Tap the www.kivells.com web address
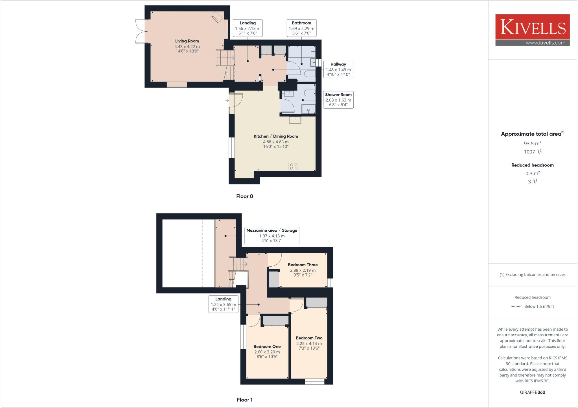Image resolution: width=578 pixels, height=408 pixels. click(545, 43)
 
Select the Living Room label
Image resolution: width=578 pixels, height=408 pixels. click(187, 41)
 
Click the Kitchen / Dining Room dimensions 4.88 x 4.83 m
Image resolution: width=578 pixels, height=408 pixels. click(276, 142)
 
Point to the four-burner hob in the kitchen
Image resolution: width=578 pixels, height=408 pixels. click(294, 166)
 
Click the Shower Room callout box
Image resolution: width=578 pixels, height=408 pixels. click(338, 100)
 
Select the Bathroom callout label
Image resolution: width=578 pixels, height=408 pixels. click(301, 23)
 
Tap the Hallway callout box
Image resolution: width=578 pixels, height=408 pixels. click(338, 69)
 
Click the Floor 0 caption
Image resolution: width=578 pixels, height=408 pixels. click(245, 196)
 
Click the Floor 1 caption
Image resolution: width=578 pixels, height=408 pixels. click(245, 400)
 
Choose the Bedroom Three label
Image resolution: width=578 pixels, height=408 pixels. click(303, 265)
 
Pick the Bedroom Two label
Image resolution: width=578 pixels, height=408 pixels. click(309, 338)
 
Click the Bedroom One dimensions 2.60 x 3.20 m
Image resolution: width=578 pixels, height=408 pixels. click(267, 352)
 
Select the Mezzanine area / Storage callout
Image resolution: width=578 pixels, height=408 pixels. click(272, 236)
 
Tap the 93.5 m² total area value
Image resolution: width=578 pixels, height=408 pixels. click(532, 143)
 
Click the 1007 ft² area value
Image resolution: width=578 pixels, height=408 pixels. click(532, 152)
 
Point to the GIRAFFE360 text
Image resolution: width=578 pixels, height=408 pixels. click(532, 392)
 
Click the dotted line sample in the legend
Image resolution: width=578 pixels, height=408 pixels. click(516, 306)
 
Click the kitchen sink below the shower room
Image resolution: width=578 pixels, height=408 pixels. click(295, 120)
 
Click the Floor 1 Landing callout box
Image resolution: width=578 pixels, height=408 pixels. click(223, 304)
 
